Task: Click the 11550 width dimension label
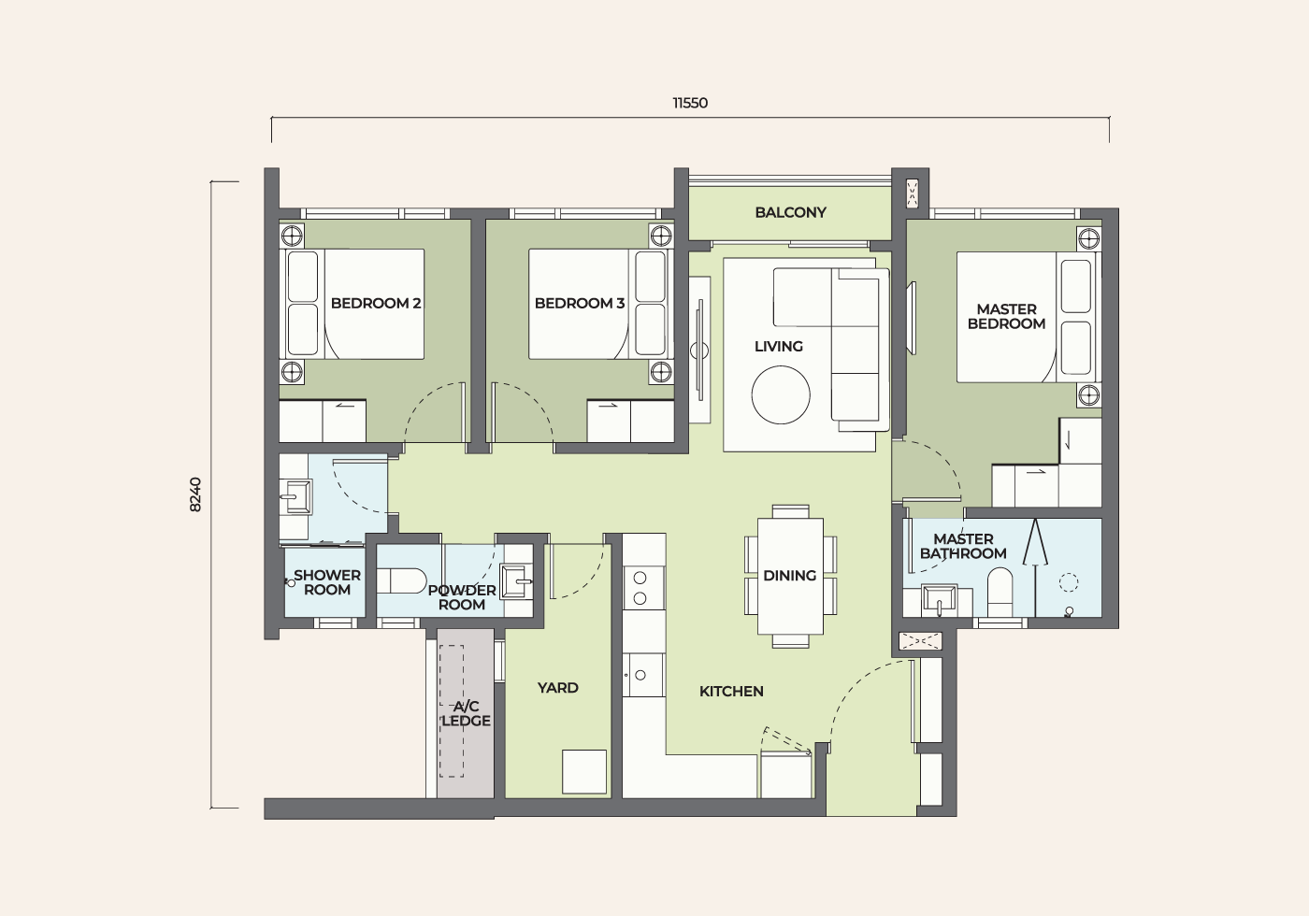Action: [x=690, y=104]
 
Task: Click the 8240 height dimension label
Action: [x=195, y=494]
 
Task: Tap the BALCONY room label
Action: [x=791, y=213]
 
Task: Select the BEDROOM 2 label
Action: [x=376, y=303]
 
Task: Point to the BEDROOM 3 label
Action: [x=580, y=303]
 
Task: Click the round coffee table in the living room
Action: [x=781, y=394]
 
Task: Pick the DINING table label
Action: [x=789, y=576]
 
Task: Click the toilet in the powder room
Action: [x=401, y=580]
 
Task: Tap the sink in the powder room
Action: [x=516, y=581]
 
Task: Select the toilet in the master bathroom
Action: [x=1000, y=591]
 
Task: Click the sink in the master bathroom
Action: [x=939, y=600]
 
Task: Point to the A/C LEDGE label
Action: [x=466, y=714]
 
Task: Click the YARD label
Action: [x=558, y=688]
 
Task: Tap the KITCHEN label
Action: [x=731, y=692]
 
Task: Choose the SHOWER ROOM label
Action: [x=327, y=582]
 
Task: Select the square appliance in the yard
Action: [x=584, y=772]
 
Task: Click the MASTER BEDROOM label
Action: [x=1006, y=316]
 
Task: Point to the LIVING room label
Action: [x=778, y=347]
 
